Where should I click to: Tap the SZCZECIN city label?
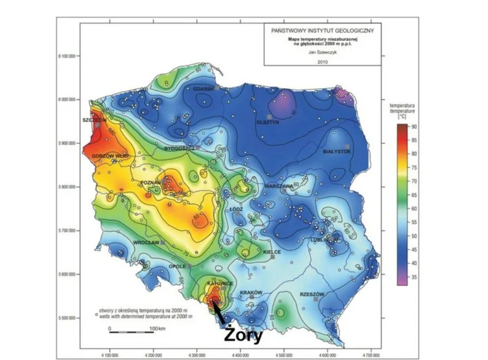tap(94, 120)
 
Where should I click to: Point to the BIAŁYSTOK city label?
tap(336, 152)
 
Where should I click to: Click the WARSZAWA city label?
tap(277, 186)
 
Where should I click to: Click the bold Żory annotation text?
tap(243, 335)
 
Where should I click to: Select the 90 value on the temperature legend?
tap(413, 127)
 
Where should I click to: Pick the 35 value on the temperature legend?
tap(413, 277)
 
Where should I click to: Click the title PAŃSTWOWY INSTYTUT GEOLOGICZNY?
tap(323, 30)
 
